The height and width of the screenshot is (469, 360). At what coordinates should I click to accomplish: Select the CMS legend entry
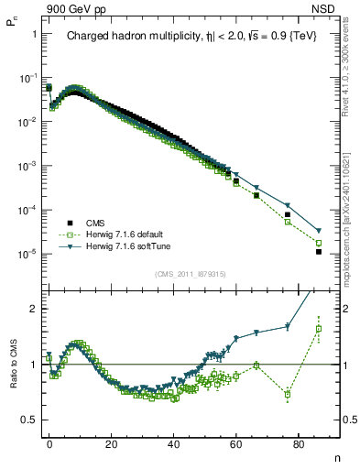point(95,223)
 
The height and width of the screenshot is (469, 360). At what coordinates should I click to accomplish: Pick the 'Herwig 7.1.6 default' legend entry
point(122,234)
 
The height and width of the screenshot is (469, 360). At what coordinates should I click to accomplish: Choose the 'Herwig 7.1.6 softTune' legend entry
point(124,246)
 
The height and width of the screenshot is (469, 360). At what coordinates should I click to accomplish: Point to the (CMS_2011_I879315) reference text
point(191,274)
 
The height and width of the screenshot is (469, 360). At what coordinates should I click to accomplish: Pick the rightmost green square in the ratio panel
point(319,329)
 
